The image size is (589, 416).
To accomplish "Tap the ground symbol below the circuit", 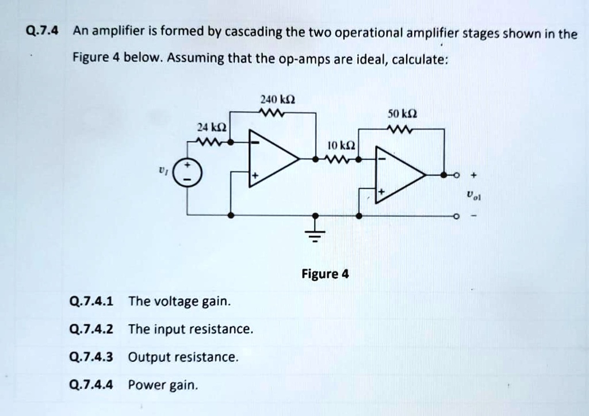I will coord(315,234).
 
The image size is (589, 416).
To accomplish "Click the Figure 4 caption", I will coord(325,274).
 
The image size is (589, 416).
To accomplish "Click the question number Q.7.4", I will coord(43,32).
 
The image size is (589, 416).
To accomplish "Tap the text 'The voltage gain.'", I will coord(179,301).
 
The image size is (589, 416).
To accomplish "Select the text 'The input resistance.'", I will coord(190,329).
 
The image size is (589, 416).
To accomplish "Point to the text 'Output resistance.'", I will coord(183,357).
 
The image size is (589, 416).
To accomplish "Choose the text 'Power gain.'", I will coord(163,384).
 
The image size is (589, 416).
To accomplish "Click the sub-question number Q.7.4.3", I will coord(91,357).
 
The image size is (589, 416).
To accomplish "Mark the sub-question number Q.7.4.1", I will coord(91,301).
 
